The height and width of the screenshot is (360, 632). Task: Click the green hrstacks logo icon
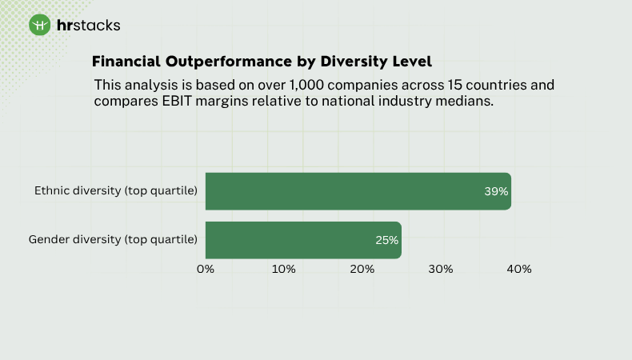point(40,25)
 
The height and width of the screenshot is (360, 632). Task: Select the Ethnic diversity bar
point(358,192)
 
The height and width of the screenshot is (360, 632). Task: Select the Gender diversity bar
point(302,240)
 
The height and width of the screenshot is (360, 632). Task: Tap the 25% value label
point(386,240)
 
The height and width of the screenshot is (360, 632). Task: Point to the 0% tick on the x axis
point(206,269)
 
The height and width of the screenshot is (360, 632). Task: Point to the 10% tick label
point(283,269)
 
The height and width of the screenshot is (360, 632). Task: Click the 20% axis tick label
point(362,269)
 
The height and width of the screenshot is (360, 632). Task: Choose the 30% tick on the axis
point(441,269)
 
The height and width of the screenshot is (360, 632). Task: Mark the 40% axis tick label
point(519,269)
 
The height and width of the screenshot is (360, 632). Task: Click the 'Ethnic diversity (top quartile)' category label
point(116,191)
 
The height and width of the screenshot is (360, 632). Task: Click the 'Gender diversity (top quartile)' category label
point(113,239)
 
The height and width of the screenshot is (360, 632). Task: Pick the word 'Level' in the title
point(412,62)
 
